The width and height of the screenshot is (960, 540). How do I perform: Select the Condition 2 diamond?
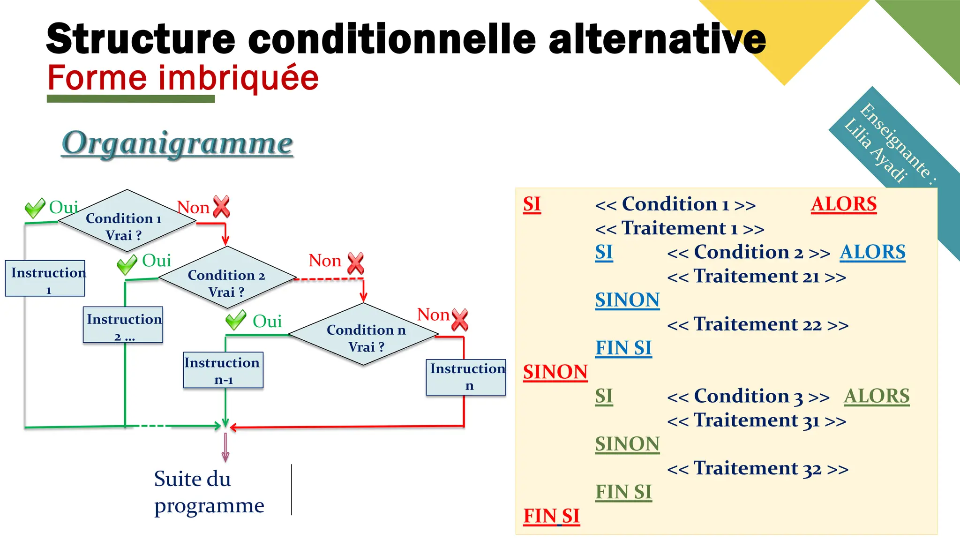coord(227,278)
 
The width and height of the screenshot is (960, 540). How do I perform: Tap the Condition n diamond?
coord(364,334)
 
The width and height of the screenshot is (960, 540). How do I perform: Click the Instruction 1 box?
coord(45,278)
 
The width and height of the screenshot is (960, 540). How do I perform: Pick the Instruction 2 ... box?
coord(123,325)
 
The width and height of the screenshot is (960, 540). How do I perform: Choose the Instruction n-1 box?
coord(223,370)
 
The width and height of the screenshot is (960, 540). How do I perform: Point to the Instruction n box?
coord(466,377)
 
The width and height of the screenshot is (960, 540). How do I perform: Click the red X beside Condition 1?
coord(221,207)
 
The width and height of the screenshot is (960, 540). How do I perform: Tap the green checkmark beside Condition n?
coord(235,320)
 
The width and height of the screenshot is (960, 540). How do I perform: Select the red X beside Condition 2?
coord(356,262)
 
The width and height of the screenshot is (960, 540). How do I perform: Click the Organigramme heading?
coord(178,143)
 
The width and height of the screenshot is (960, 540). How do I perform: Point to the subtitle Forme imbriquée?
coord(183,78)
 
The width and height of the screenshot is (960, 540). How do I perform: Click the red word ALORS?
coord(843,204)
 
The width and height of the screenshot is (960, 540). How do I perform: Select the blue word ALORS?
coord(872,252)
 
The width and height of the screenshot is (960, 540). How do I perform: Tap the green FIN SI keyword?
coord(623,492)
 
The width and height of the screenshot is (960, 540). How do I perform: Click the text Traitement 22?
coord(757,324)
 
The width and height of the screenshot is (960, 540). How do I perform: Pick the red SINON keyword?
coord(555,372)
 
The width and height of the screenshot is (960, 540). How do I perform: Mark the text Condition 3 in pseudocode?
coord(748,397)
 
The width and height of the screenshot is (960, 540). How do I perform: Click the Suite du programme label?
coord(209,492)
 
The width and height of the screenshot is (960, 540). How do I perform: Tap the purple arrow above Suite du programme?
coord(225,448)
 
